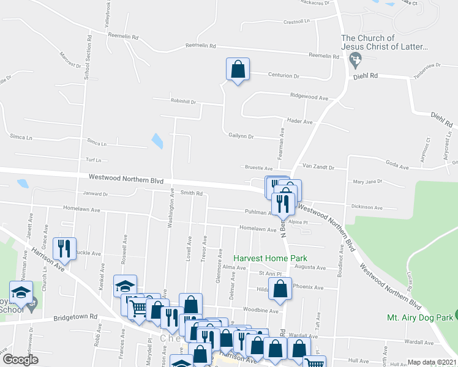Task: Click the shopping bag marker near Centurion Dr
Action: (238, 70)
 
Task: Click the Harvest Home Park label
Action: (269, 259)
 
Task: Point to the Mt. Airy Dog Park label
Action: (420, 317)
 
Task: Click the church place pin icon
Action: (354, 61)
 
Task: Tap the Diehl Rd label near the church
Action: (366, 76)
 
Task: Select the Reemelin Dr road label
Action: (324, 56)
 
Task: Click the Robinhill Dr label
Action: (183, 102)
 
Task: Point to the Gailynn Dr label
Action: (241, 136)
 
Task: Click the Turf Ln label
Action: (93, 160)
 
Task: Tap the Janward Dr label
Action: (96, 195)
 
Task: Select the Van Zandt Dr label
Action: (316, 166)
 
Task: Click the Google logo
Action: (20, 360)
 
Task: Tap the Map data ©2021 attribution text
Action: (432, 362)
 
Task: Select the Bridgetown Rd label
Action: (75, 317)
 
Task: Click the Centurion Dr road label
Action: (284, 76)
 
